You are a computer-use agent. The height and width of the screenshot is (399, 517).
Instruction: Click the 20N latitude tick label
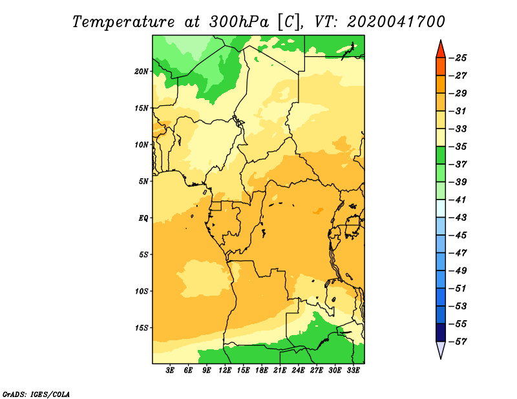(x=142, y=71)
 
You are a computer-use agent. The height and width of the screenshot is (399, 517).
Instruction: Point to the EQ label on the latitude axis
(x=143, y=218)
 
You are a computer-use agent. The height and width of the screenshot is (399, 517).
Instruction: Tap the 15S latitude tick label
(x=142, y=328)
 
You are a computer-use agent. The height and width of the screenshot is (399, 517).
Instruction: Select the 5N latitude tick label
(x=143, y=181)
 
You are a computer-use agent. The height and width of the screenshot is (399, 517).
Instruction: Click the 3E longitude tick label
(x=170, y=370)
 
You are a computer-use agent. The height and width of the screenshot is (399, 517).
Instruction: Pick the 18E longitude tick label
(x=262, y=370)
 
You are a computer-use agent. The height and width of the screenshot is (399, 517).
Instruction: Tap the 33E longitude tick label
(x=353, y=370)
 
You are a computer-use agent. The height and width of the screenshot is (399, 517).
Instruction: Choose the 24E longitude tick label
(x=298, y=370)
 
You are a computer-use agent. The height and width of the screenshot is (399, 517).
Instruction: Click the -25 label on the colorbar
(x=459, y=58)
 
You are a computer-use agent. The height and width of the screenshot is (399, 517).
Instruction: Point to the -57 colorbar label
(x=459, y=342)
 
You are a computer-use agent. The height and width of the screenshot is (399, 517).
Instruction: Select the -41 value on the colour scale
(x=459, y=200)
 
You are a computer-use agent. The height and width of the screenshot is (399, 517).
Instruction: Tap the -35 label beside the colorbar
(x=459, y=147)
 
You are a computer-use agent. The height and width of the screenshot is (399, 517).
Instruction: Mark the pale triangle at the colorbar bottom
(x=441, y=349)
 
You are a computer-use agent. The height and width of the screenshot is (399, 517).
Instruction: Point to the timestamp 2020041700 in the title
(x=396, y=22)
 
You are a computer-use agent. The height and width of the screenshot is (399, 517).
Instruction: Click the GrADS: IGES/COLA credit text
(x=36, y=394)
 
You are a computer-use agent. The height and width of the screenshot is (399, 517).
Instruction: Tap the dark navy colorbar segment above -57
(x=441, y=332)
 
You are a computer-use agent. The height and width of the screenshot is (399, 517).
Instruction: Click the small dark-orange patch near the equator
(x=319, y=211)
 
